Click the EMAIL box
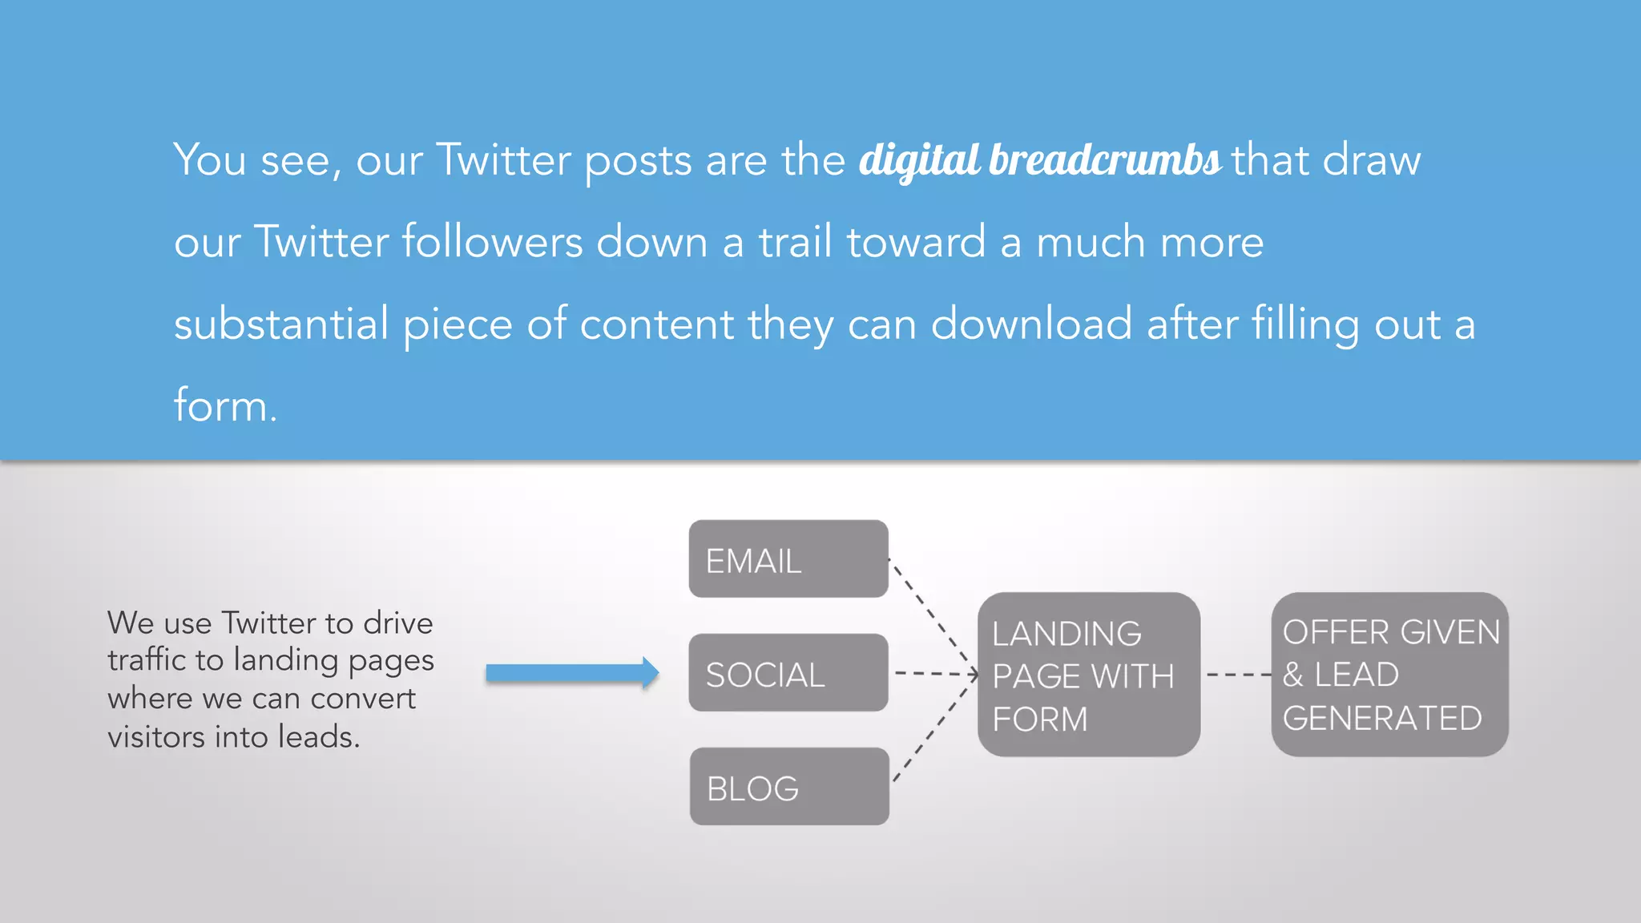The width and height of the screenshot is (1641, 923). (788, 559)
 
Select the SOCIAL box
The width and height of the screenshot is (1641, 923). (788, 673)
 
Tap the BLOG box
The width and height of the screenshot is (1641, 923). (789, 787)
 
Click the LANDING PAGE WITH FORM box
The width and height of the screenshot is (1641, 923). (1088, 675)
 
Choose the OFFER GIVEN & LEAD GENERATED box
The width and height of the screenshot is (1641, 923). (1389, 675)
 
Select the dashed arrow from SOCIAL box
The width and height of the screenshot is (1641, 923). (934, 674)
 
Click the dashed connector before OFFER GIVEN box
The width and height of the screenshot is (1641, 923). (1237, 675)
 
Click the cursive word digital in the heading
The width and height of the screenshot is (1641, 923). (919, 160)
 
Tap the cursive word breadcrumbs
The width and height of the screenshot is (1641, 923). (1105, 160)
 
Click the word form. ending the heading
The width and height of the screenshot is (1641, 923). (225, 405)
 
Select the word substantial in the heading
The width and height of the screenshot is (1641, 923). (281, 324)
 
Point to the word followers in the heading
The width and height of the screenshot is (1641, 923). (492, 242)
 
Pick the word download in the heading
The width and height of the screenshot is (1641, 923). (1031, 324)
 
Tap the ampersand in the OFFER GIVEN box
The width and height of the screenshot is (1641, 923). (1293, 675)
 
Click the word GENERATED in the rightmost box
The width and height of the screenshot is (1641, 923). (1382, 719)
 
